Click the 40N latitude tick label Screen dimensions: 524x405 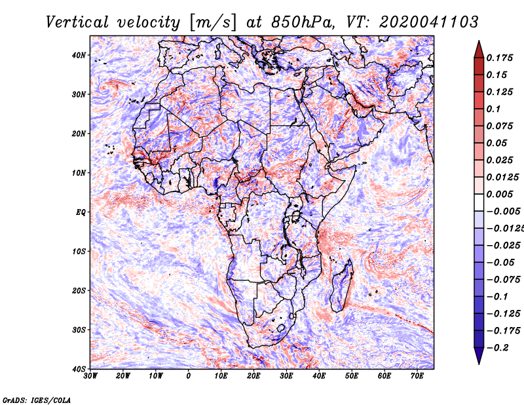pos(79,55)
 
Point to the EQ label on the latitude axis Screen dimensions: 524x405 pos(81,212)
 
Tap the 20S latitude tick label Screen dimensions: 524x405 pos(79,290)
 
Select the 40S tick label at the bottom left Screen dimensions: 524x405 pos(79,369)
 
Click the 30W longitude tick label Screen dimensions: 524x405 pos(90,376)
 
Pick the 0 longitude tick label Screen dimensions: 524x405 pos(189,376)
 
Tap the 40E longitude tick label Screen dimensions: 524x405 pos(319,376)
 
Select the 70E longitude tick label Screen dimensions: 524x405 pos(417,376)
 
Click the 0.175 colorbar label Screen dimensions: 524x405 pos(500,58)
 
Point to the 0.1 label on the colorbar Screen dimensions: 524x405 pos(493,109)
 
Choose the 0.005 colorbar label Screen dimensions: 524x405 pos(500,194)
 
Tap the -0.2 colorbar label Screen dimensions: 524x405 pos(497,348)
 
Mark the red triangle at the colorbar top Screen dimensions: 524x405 pos(479,49)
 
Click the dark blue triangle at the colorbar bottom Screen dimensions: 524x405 pos(479,356)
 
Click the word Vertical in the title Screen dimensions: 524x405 pos(77,22)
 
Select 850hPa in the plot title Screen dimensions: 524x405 pos(303,22)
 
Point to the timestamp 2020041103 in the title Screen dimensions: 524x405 pos(429,22)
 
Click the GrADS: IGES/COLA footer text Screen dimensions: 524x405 pos(37,400)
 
